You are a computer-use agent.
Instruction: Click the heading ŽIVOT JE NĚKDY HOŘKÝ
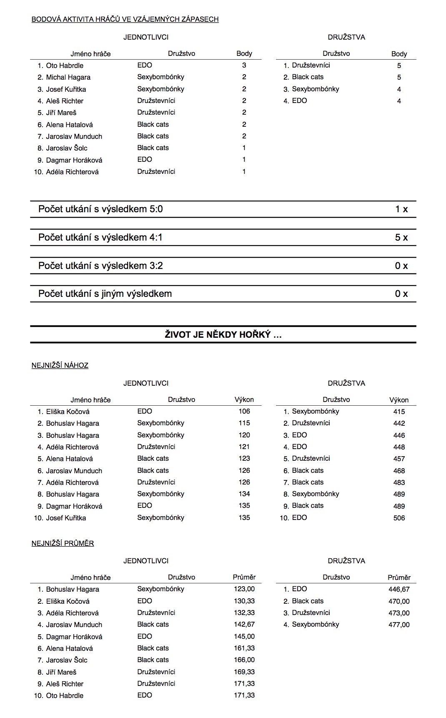(223, 334)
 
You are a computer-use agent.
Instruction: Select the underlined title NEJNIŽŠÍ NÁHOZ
(60, 365)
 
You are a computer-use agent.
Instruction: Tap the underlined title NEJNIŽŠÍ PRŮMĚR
(63, 543)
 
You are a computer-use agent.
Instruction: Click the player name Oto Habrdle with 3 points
(65, 65)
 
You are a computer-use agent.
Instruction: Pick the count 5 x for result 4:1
(401, 237)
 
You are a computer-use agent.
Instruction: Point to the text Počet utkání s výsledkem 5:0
(100, 209)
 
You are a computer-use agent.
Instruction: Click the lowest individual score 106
(244, 411)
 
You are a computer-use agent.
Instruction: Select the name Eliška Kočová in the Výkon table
(68, 412)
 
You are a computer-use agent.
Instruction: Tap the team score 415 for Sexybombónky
(399, 412)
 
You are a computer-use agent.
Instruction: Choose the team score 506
(399, 518)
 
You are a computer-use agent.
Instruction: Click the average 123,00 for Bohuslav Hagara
(244, 589)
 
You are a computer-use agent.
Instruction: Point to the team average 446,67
(399, 589)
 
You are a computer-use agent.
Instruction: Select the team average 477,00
(399, 625)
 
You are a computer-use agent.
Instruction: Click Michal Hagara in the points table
(68, 77)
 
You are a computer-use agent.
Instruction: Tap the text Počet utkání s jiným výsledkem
(105, 294)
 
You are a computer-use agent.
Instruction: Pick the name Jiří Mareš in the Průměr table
(61, 672)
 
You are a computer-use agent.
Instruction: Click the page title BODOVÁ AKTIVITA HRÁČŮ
(125, 19)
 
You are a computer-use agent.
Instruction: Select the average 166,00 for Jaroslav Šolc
(244, 660)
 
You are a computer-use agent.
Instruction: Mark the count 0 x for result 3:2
(401, 266)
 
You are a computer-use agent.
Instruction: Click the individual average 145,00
(244, 636)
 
